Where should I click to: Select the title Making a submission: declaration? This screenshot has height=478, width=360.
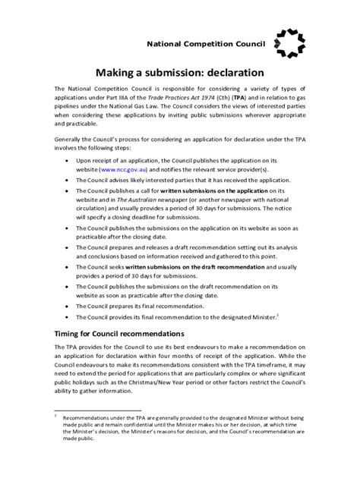[x=179, y=74]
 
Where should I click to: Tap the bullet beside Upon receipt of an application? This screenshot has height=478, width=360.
[x=71, y=162]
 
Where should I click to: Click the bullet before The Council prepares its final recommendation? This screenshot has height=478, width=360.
[x=71, y=305]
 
